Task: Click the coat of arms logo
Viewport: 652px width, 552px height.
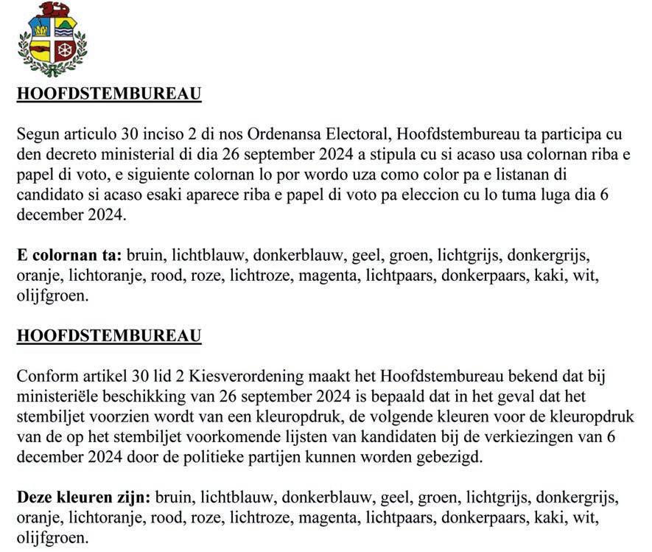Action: point(52,38)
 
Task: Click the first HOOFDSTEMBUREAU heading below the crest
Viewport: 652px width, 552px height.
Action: point(109,94)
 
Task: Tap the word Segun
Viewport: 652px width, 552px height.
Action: point(38,135)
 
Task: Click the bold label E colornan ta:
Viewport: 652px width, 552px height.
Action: point(69,256)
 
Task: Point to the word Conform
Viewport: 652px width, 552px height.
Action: point(45,376)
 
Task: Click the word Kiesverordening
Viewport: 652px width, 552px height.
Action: point(236,376)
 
